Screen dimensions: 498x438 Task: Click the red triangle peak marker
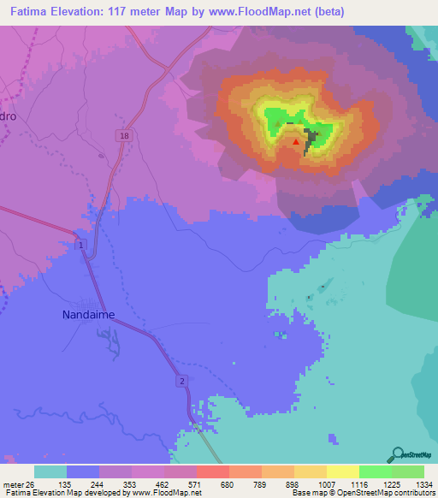click(x=297, y=142)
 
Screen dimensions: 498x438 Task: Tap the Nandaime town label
click(x=87, y=314)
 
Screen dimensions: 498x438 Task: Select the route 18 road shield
click(x=125, y=136)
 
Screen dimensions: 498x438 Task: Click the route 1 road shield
click(x=80, y=246)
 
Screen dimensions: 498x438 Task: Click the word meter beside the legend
click(x=15, y=485)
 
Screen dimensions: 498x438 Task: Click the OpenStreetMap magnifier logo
click(x=396, y=454)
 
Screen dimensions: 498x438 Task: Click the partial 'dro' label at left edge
click(x=9, y=116)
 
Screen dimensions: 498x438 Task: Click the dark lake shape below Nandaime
click(x=109, y=341)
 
